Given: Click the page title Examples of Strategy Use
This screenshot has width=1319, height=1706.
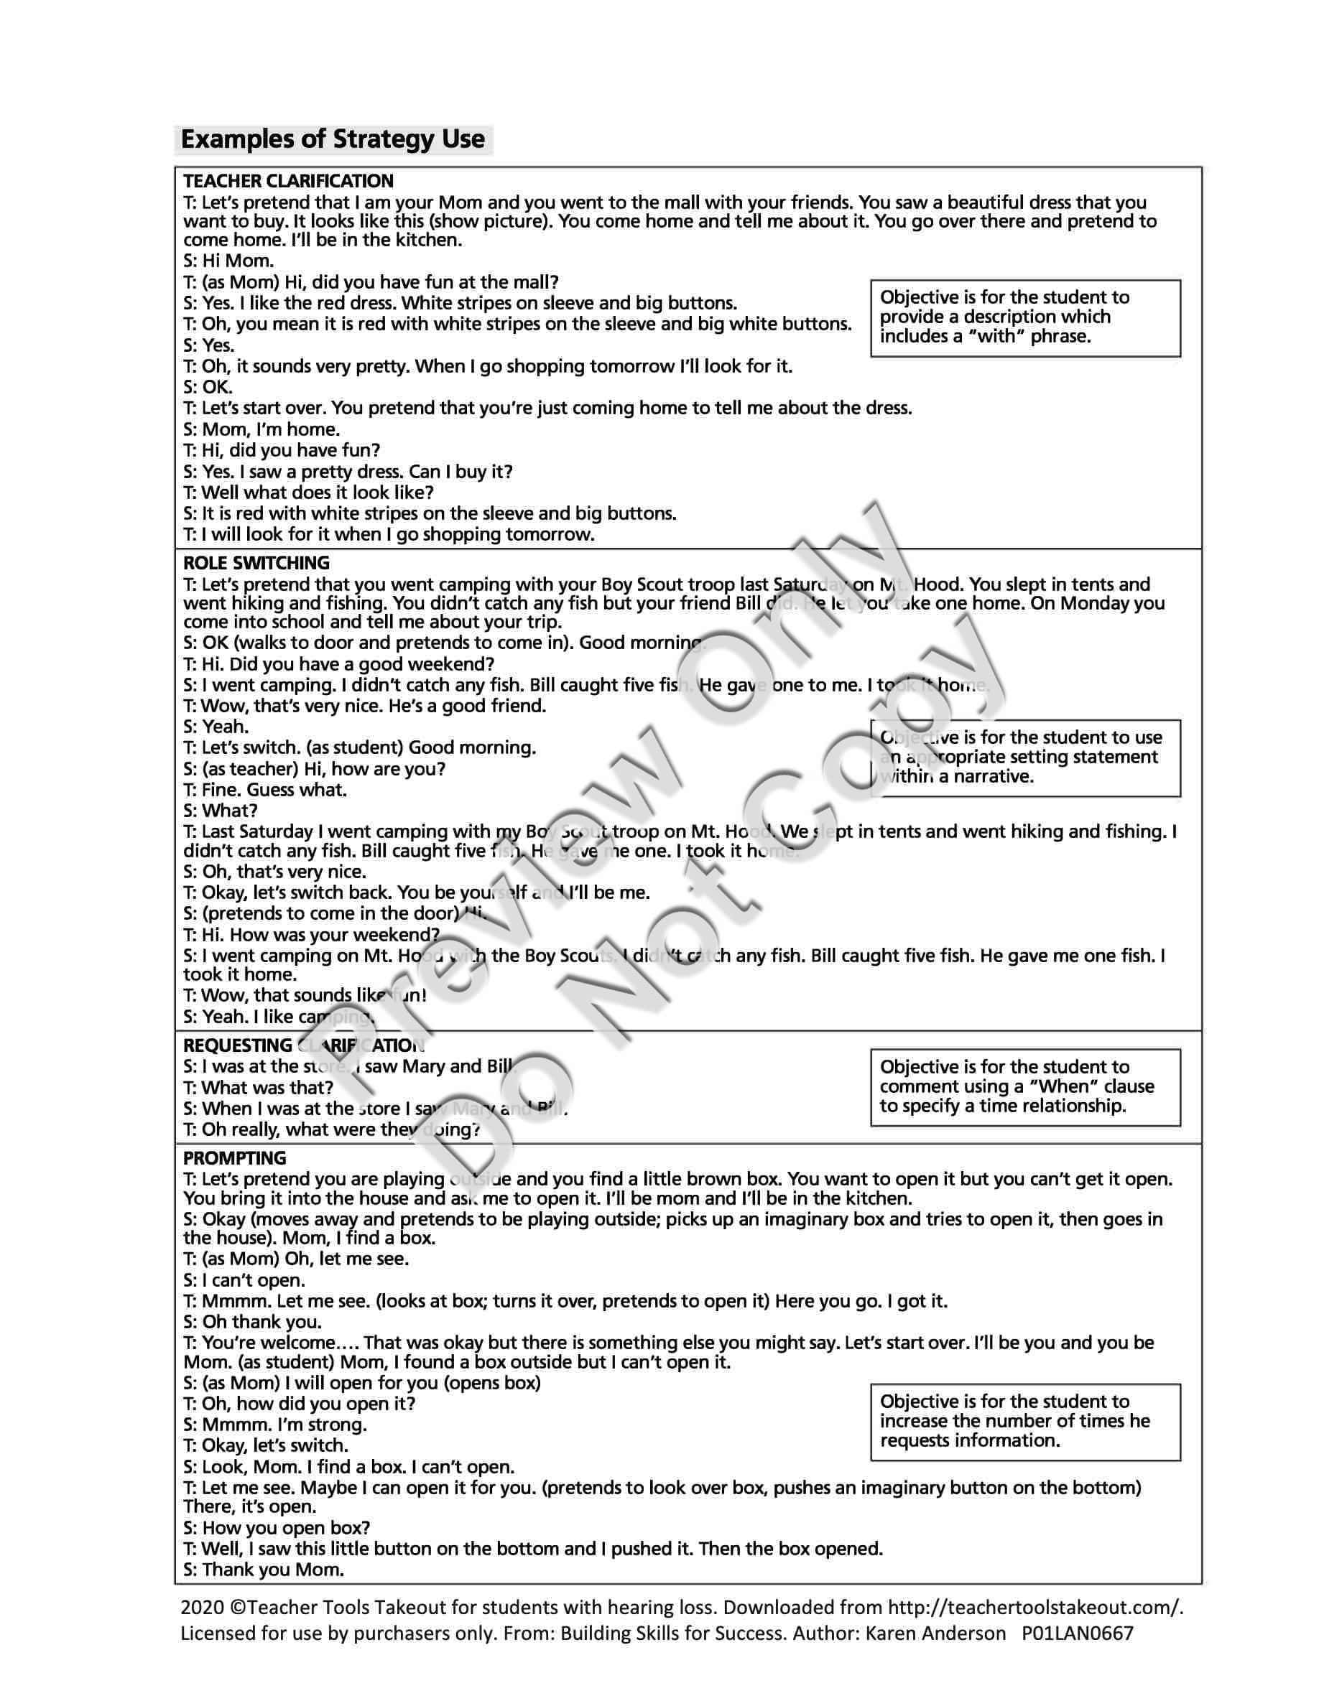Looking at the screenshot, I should [333, 140].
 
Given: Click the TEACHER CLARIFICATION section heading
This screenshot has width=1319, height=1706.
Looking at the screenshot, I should [288, 181].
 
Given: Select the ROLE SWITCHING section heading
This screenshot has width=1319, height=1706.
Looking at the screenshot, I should [256, 563].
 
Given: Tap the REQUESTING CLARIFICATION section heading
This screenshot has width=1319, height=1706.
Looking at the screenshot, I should [303, 1045].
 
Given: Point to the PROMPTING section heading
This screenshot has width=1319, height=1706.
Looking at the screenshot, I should [234, 1157].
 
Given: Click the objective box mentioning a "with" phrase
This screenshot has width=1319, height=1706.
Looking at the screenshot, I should [1024, 317].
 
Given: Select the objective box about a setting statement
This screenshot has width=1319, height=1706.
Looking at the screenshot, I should [1024, 757].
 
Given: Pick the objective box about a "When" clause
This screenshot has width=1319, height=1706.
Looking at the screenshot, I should [1024, 1086].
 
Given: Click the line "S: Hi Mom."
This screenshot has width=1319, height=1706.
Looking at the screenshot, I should [229, 261].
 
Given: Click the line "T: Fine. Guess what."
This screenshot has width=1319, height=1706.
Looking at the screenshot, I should [265, 790].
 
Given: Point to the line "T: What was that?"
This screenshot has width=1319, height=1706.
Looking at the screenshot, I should [259, 1087].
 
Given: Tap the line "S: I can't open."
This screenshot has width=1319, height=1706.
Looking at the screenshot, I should [244, 1280].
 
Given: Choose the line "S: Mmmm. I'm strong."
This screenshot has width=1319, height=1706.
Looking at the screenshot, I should [275, 1424].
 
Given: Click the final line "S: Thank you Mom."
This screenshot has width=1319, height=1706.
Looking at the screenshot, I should [264, 1570].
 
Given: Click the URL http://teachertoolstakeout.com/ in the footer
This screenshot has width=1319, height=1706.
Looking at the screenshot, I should [1035, 1608].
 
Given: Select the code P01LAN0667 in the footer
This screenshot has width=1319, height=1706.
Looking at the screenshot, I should [1078, 1633].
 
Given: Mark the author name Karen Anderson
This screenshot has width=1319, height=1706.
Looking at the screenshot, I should [936, 1633].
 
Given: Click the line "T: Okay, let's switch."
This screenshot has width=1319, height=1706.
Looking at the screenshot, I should [266, 1445].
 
